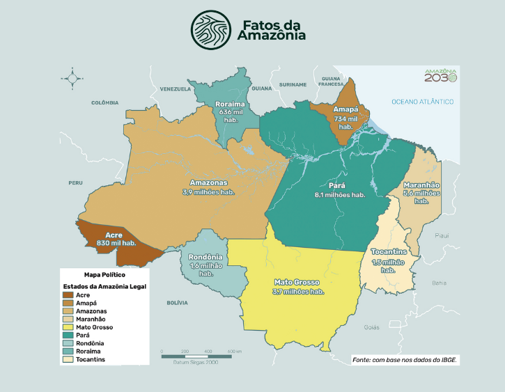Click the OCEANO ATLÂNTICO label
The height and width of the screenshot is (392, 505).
[422, 102]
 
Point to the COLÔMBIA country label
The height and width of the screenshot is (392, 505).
[105, 102]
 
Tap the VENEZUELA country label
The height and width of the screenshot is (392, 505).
[175, 89]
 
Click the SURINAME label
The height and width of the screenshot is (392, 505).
[293, 84]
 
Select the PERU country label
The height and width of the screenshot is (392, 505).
[75, 182]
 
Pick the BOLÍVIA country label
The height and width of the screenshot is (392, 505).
[178, 303]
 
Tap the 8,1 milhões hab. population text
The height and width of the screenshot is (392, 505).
[340, 195]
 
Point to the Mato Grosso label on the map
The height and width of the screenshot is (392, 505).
[297, 282]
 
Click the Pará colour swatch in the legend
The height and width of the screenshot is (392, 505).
[68, 335]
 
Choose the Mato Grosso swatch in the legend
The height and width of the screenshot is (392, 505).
[68, 327]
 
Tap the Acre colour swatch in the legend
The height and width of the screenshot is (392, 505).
[68, 295]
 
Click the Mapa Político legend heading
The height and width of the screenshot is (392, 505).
[104, 274]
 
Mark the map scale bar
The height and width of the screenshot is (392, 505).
[201, 355]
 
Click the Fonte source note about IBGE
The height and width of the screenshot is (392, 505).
[405, 359]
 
